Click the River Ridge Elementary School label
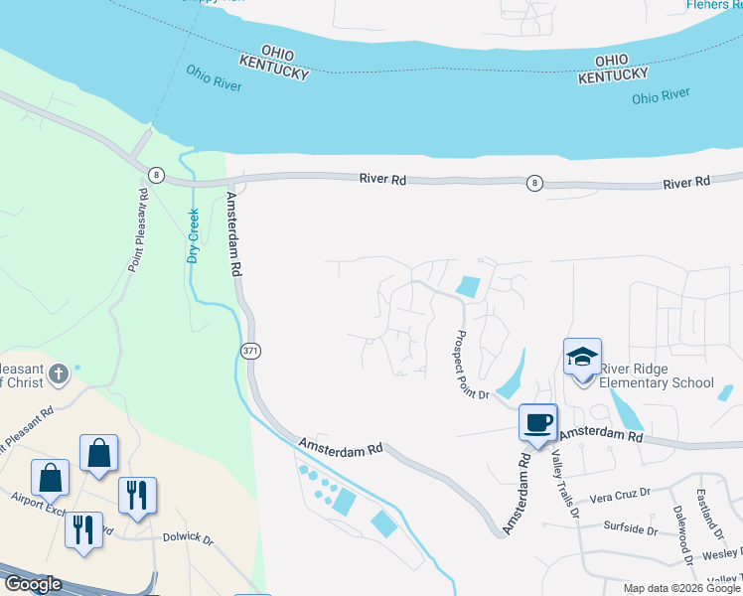(657, 376)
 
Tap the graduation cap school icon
(582, 357)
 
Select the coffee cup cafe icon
(537, 423)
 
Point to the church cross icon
(59, 374)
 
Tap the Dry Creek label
(193, 235)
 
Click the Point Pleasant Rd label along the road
(138, 230)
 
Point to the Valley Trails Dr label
(564, 484)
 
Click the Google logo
(33, 584)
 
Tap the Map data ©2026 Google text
(681, 588)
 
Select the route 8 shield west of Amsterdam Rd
(156, 175)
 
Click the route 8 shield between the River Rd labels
(535, 183)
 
